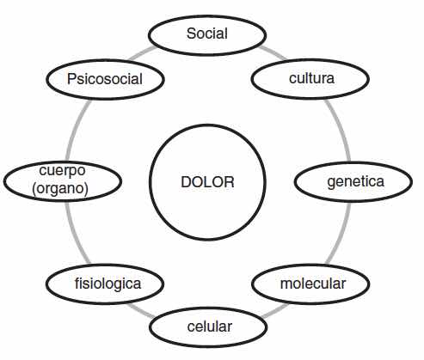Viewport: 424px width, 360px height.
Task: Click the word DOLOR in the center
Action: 207,182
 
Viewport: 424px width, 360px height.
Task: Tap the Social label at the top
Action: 207,34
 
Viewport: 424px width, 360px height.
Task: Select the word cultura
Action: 311,78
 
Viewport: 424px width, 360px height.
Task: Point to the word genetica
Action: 355,182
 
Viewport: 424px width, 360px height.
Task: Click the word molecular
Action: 313,284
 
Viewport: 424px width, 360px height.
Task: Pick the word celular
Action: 210,326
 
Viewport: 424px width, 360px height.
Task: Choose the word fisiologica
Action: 108,284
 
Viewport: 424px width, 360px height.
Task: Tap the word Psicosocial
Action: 105,79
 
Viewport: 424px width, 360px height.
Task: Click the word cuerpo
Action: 62,171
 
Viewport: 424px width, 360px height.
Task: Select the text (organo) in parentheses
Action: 60,188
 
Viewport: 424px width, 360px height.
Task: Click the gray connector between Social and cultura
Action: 273,53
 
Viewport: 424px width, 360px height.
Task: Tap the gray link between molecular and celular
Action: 274,311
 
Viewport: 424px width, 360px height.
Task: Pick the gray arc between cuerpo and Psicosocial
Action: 76,130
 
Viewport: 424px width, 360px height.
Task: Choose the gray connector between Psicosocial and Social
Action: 143,53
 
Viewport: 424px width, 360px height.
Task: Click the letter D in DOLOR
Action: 187,182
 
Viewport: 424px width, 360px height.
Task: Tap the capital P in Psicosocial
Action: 71,79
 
